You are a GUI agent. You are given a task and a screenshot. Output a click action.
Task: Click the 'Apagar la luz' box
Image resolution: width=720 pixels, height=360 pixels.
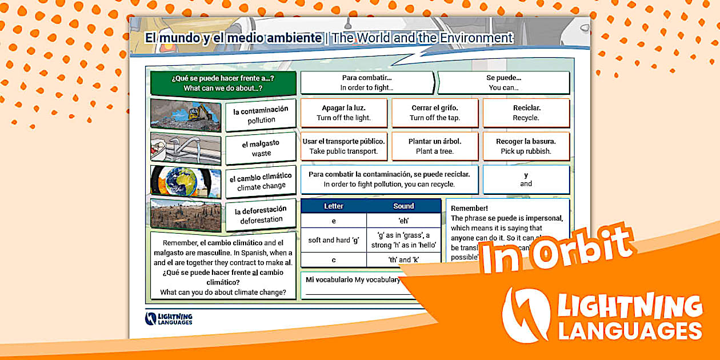coord(343,113)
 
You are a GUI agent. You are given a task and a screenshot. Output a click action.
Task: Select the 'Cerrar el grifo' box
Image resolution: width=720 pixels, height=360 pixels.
coord(435,113)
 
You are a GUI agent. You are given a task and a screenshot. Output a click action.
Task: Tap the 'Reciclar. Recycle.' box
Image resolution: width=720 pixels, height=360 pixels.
coord(526,113)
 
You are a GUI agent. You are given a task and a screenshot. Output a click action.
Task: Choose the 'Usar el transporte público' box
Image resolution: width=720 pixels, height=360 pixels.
coord(343,146)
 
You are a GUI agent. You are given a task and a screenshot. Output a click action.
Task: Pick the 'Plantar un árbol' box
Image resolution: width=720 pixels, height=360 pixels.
coord(435,146)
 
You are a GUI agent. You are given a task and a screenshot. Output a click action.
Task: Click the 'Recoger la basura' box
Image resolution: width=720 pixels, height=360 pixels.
coord(526,146)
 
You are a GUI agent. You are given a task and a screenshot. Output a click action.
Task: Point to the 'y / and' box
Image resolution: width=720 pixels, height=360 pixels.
coord(526,179)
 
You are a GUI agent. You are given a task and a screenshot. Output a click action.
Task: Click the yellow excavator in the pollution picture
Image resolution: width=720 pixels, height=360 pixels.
coord(199,113)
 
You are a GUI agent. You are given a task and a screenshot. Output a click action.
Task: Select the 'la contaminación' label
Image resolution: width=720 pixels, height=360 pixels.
coord(261,115)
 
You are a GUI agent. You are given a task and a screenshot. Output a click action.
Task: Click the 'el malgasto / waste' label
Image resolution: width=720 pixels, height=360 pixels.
coord(261,149)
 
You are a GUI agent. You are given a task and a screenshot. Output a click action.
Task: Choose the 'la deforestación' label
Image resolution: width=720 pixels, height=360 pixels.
coord(261,215)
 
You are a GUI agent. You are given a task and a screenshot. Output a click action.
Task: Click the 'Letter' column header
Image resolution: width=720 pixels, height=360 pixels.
coord(334,206)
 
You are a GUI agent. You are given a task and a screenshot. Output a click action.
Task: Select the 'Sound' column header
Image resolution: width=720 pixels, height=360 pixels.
coord(403,206)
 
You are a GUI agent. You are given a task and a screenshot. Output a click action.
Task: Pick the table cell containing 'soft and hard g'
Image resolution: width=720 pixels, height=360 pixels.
coord(334,240)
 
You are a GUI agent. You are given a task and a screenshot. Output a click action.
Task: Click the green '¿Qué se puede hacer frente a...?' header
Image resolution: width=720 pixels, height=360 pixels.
coord(223,83)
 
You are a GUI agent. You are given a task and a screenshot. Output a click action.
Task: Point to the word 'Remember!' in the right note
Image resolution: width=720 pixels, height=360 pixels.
coord(469,209)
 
